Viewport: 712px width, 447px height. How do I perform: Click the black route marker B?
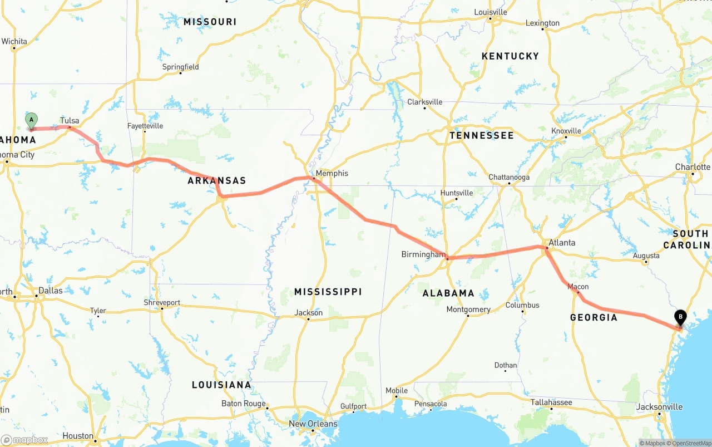[x=680, y=317]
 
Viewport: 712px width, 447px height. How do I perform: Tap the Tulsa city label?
[x=70, y=120]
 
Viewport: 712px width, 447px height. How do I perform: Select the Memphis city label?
[x=332, y=173]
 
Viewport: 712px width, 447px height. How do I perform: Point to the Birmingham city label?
[x=423, y=254]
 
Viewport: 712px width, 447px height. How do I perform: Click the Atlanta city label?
[x=562, y=243]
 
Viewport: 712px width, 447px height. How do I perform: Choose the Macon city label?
[x=578, y=287]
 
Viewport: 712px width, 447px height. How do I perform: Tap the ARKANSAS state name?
[x=216, y=181]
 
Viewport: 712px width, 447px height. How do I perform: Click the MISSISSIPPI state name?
[x=328, y=292]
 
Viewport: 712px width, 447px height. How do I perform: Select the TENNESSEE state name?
[x=482, y=135]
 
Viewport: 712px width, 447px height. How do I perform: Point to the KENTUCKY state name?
[x=510, y=56]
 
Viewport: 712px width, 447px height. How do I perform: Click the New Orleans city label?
[x=313, y=424]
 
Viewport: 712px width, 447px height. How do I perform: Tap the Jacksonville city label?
[x=659, y=407]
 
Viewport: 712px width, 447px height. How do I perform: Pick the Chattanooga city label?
[x=509, y=177]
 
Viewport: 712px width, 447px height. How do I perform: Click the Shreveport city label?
[x=162, y=302]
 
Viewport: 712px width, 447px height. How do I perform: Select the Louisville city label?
[x=491, y=12]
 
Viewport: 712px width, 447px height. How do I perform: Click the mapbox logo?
[x=24, y=440]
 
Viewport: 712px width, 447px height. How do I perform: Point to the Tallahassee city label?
[x=551, y=402]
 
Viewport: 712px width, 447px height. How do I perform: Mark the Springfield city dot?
[x=180, y=73]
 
